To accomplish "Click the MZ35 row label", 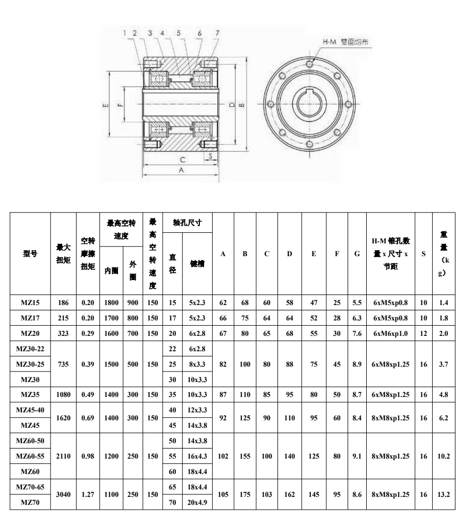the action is coord(30,395).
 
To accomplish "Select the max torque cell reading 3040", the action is coord(63,494).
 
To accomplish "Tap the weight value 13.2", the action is coord(444,494).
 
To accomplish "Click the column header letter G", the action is coord(357,254).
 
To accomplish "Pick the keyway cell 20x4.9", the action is coord(197,502).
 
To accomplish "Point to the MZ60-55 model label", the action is coord(30,456).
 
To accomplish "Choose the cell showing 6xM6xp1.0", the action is coord(391,334).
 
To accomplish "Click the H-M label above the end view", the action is coord(330,42).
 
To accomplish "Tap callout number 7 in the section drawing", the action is coord(217,33).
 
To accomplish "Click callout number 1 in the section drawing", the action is coord(125,33).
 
